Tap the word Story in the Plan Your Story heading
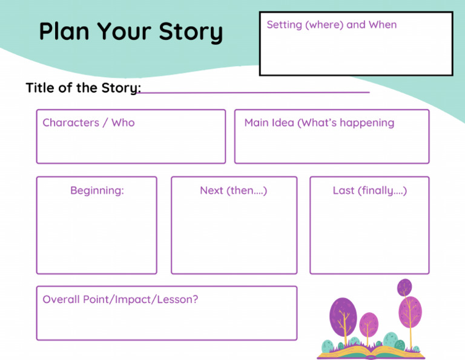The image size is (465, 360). click(x=191, y=32)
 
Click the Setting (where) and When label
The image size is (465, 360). click(x=331, y=25)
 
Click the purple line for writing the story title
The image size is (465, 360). click(x=254, y=92)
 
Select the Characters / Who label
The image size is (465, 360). click(x=88, y=122)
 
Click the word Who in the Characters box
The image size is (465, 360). click(x=123, y=122)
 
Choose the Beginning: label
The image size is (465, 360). click(x=97, y=190)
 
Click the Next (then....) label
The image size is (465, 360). click(x=233, y=190)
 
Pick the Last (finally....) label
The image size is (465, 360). click(x=369, y=190)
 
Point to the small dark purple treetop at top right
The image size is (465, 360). click(x=404, y=287)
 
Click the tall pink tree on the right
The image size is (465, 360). click(x=410, y=311)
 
